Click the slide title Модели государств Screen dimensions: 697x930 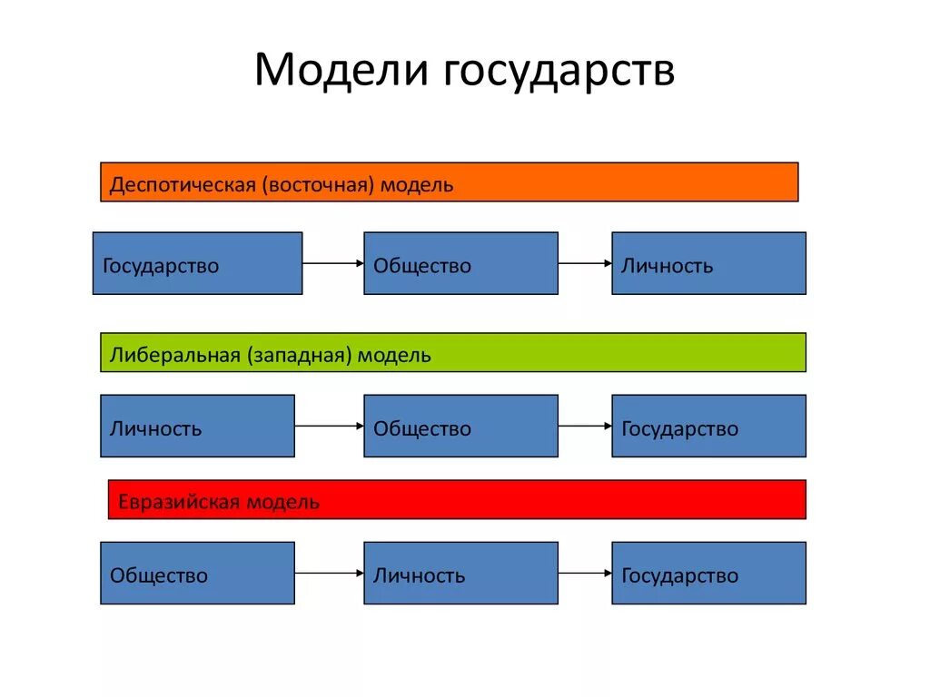click(x=464, y=70)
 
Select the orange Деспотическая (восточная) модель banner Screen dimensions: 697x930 click(x=449, y=182)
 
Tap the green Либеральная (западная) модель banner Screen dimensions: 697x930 click(x=452, y=353)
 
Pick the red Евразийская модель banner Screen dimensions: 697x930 click(x=457, y=500)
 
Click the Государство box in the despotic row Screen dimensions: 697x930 click(x=197, y=263)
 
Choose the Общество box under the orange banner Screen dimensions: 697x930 click(x=460, y=263)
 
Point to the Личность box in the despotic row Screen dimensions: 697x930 click(x=708, y=263)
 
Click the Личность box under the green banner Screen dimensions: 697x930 click(x=197, y=426)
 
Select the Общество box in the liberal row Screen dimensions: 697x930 click(x=460, y=426)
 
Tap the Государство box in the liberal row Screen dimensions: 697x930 click(x=708, y=426)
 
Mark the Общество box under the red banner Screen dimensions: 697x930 click(x=197, y=573)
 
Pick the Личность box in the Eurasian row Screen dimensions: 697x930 click(x=460, y=573)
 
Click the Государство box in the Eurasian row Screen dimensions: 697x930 click(x=708, y=573)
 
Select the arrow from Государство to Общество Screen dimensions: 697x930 click(x=332, y=263)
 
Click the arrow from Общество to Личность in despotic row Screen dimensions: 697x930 click(x=585, y=263)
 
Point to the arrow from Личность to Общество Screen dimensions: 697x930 click(x=329, y=426)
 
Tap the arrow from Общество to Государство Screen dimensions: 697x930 click(x=585, y=426)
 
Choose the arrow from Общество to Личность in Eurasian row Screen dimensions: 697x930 click(x=329, y=573)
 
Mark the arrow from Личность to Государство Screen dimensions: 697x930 click(x=585, y=573)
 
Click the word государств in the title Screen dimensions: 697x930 click(x=559, y=72)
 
